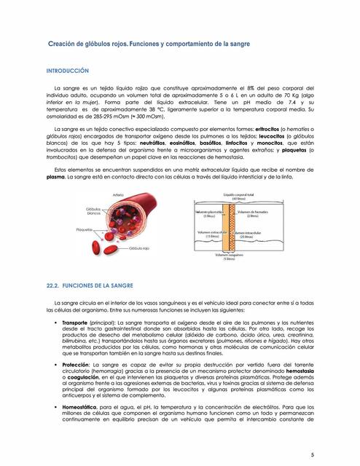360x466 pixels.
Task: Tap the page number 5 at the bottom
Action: click(x=332, y=455)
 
